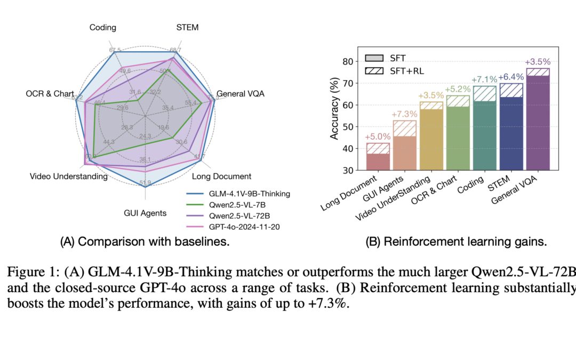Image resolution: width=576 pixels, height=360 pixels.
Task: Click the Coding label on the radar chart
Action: pyautogui.click(x=103, y=28)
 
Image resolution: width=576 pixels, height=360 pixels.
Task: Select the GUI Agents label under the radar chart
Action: pyautogui.click(x=145, y=213)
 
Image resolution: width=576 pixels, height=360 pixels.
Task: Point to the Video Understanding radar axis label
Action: pyautogui.click(x=69, y=177)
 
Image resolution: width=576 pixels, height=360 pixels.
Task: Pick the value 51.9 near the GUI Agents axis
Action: pyautogui.click(x=145, y=183)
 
